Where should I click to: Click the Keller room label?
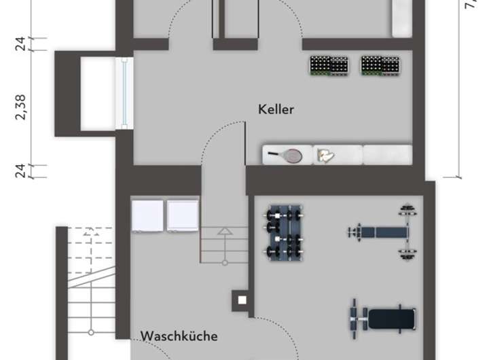click(276, 109)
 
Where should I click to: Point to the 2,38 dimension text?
click(22, 107)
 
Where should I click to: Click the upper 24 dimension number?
click(22, 43)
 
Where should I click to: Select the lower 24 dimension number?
click(22, 170)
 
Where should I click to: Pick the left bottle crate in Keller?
click(329, 65)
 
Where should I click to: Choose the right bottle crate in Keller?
click(380, 65)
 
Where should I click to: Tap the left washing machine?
click(148, 215)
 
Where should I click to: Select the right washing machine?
click(182, 215)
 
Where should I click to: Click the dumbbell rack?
click(284, 232)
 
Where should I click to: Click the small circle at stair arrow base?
click(223, 262)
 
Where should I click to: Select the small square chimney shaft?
click(240, 299)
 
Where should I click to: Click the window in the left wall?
click(124, 93)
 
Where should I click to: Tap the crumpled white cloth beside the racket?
click(326, 156)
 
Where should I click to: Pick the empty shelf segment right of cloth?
click(387, 154)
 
